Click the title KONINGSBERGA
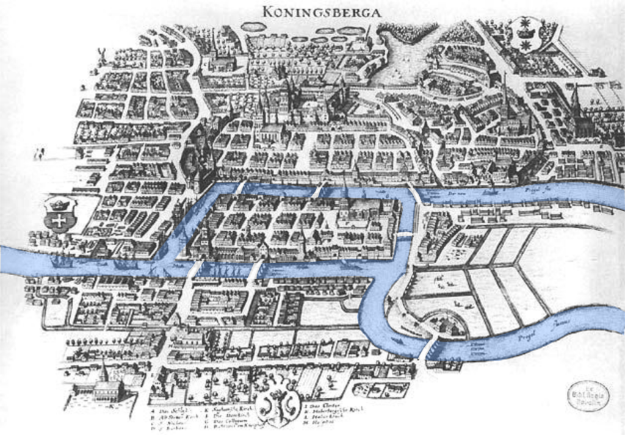coord(321,12)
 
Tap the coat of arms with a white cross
coord(59,214)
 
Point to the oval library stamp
coord(587,396)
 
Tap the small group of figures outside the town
coord(39,153)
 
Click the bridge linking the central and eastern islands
coord(404,234)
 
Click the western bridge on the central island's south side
coord(193,268)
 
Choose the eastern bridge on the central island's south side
coord(257,269)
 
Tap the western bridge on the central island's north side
coord(240,186)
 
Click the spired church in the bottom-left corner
coord(104,384)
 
